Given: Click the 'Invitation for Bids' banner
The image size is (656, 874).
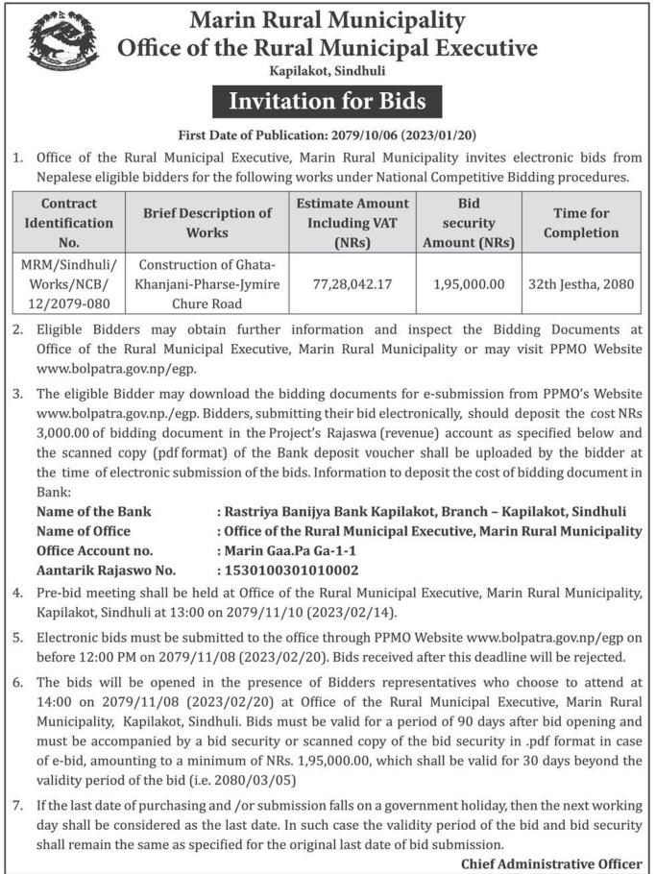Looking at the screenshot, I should click(x=328, y=101).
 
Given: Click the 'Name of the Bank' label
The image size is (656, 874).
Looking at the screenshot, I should click(x=93, y=512).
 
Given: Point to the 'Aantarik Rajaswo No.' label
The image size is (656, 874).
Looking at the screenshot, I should click(x=106, y=570).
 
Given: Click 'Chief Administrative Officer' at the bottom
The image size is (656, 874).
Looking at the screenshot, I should click(x=551, y=862).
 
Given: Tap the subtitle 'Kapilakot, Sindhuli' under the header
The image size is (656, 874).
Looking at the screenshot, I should click(x=328, y=71).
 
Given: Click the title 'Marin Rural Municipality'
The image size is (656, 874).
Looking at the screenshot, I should click(x=328, y=19).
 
